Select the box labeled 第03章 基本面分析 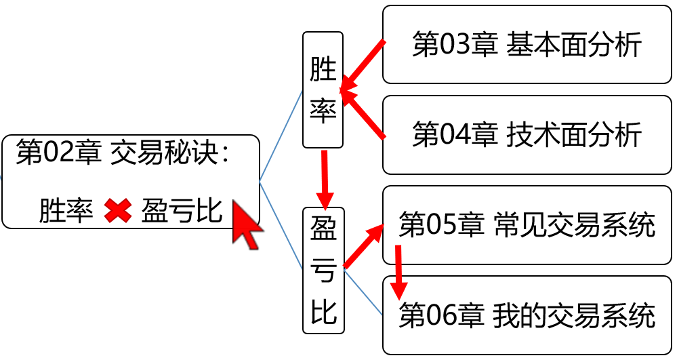tap(527, 45)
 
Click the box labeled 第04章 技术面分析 tap(527, 135)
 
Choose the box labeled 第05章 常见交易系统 tap(527, 225)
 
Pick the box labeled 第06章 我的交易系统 tap(527, 315)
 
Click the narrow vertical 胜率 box tap(323, 89)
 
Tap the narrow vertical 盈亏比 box tap(323, 270)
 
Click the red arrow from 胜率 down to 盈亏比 tap(325, 179)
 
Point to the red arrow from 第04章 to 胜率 tap(364, 115)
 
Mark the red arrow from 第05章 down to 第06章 tap(399, 271)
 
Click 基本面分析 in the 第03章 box tap(573, 45)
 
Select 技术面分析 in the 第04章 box tap(573, 135)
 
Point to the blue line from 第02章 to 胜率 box tap(281, 136)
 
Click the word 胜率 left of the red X tap(66, 212)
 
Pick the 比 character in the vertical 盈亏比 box tap(323, 313)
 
